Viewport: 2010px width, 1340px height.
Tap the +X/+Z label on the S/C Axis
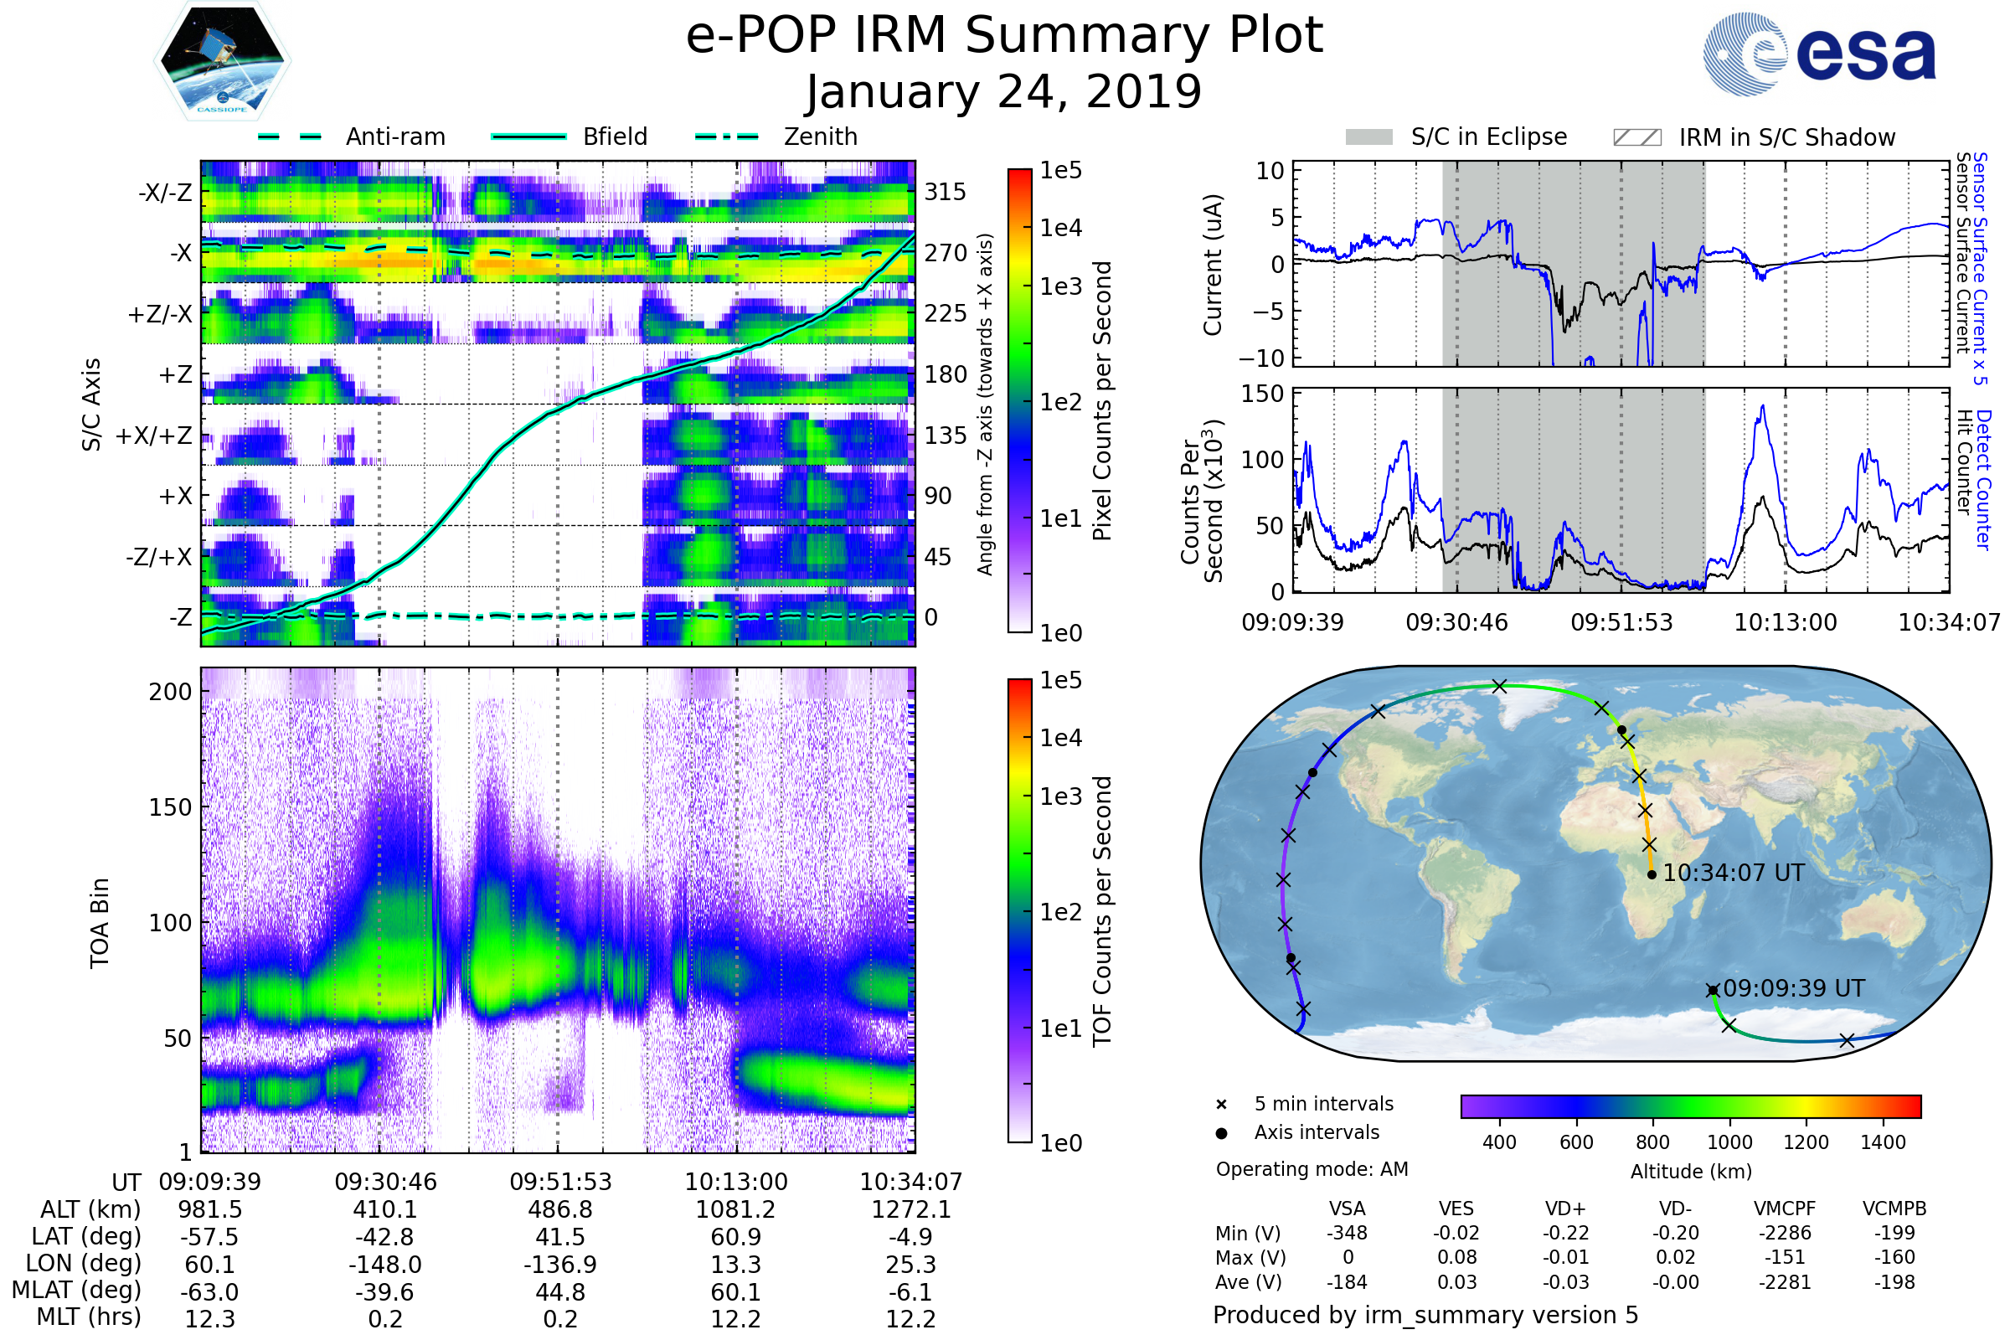[154, 435]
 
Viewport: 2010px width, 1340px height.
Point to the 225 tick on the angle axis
[946, 313]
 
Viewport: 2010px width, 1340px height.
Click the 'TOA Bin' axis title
[99, 923]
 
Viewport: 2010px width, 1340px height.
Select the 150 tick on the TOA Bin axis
[170, 807]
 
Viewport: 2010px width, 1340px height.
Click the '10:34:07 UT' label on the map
[1733, 874]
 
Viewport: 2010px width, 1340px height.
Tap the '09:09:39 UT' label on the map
[1793, 989]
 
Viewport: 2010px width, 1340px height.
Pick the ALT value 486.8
[559, 1210]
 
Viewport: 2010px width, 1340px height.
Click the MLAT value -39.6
[384, 1292]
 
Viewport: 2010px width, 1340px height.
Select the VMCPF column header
[1785, 1209]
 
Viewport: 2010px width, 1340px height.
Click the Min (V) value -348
[1347, 1233]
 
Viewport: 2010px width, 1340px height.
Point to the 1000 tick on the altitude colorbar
[1729, 1142]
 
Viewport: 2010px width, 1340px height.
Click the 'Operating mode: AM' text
[1312, 1169]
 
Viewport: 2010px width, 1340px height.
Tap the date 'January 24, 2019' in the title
[1004, 92]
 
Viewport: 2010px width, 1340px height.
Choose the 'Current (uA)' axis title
[1213, 265]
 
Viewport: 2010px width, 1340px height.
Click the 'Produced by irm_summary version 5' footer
[1425, 1315]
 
